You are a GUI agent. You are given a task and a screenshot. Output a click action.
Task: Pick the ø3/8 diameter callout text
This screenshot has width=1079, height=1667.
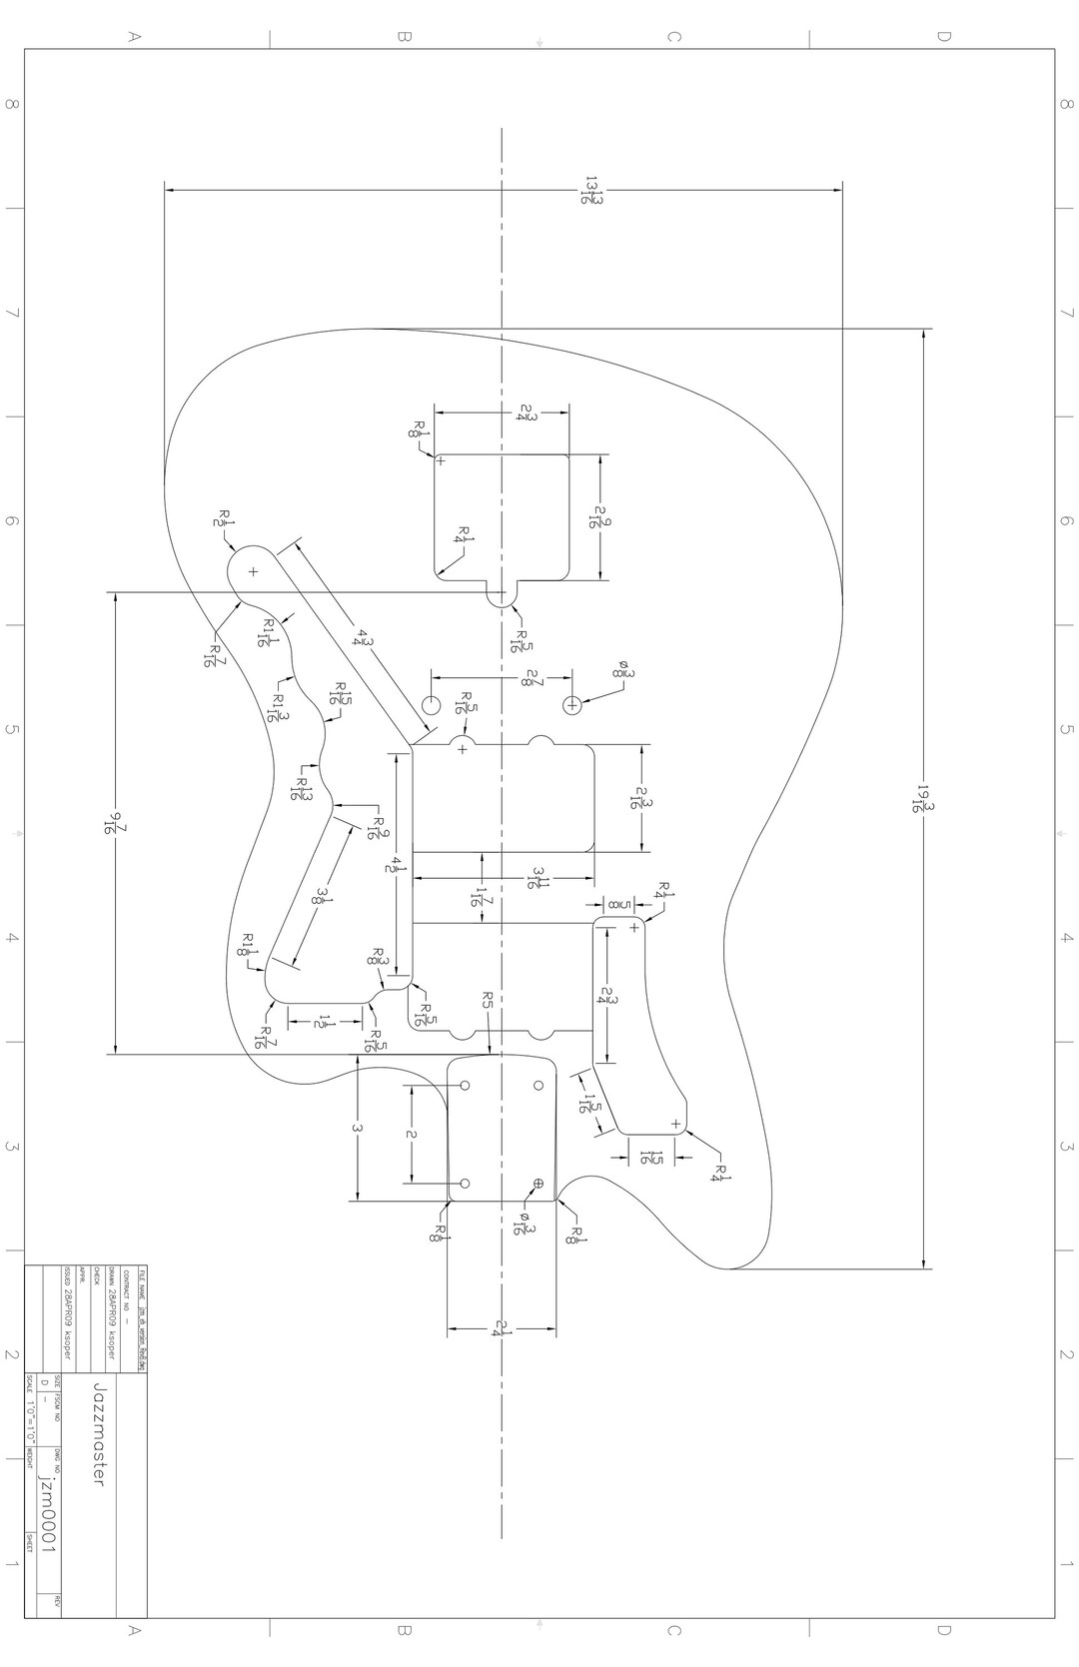tap(624, 671)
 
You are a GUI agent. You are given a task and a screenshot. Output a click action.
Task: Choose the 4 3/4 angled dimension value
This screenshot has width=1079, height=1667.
tap(363, 635)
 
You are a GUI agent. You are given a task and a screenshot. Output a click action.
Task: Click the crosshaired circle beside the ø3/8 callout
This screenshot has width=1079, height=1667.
tap(572, 705)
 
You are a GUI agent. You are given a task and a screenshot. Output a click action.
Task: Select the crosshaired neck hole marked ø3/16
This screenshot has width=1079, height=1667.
tap(539, 1184)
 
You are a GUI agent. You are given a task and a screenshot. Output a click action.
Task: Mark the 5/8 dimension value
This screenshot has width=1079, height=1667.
tap(616, 905)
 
